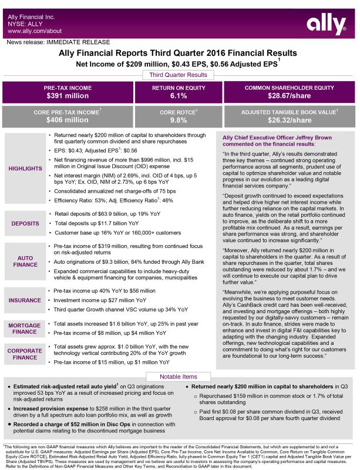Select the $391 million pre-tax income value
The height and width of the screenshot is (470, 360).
(x=67, y=96)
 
